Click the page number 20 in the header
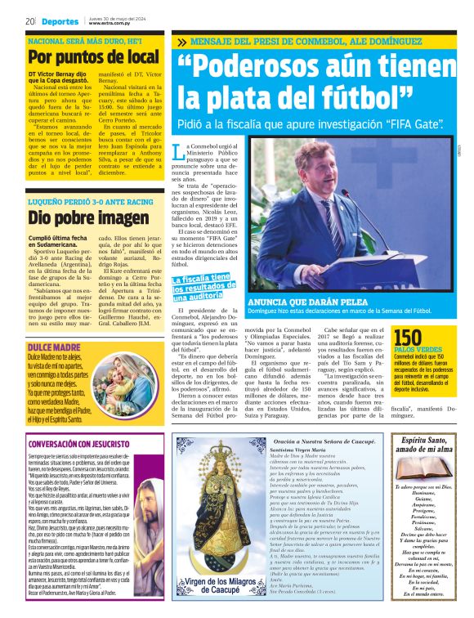pos(29,21)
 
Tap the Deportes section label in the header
pos(60,21)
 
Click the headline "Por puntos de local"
pos(93,57)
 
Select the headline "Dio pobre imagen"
pos(78,218)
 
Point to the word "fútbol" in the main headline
pos(323,98)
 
